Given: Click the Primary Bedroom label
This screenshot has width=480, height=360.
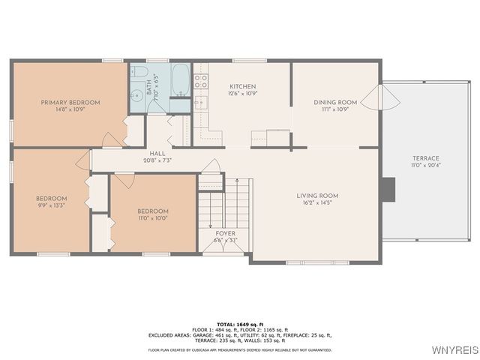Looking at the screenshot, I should point(70,102).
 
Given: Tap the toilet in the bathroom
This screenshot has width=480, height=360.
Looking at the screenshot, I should point(139,73).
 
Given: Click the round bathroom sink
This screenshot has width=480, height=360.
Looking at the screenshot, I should point(136,95).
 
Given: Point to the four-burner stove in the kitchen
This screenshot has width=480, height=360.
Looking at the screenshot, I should point(201,80).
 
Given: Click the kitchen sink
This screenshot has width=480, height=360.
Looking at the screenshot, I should point(201,102).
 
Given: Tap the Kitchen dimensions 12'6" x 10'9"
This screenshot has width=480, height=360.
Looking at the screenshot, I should point(243,94).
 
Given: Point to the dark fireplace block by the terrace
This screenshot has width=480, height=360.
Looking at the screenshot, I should point(387,189).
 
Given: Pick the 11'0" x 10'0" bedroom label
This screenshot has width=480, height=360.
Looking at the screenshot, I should point(153,211).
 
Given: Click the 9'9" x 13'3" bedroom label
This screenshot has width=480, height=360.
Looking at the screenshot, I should point(52,199).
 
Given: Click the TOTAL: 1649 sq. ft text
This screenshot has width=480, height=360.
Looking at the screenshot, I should point(239,323).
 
